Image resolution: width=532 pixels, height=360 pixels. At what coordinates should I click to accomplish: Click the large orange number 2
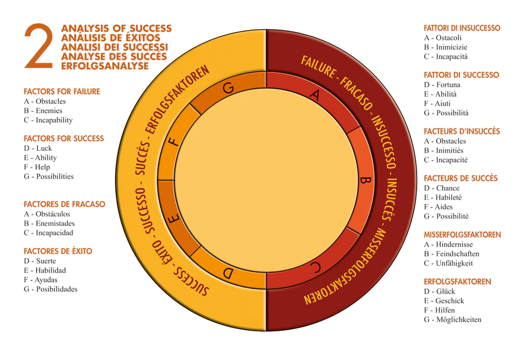click(x=38, y=46)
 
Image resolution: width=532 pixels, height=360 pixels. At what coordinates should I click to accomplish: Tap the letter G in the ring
click(x=229, y=88)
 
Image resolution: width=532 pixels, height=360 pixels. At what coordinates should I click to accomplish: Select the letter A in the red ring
click(x=315, y=95)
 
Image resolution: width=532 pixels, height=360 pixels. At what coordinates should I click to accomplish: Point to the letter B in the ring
click(x=365, y=180)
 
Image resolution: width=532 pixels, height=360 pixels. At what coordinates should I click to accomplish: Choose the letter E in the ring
click(x=174, y=218)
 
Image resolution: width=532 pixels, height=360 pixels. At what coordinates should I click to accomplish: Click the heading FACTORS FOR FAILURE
click(x=62, y=91)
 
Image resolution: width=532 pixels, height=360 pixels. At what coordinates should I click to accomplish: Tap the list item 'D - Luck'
click(x=38, y=148)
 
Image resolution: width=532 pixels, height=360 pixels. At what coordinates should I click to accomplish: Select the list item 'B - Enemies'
click(x=43, y=111)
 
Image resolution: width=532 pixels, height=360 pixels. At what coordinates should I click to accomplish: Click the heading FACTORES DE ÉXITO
click(x=58, y=251)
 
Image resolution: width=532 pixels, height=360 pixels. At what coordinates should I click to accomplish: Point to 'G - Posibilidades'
click(x=50, y=289)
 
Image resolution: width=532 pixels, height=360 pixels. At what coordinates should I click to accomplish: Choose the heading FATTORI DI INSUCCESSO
click(x=462, y=28)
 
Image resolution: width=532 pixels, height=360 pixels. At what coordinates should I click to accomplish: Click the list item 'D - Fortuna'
click(x=442, y=85)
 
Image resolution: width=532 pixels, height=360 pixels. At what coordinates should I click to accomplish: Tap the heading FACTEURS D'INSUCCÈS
click(x=462, y=131)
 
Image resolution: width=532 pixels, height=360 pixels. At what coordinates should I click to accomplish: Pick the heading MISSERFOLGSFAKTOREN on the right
click(x=462, y=235)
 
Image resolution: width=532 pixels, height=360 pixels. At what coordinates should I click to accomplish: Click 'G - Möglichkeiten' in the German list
click(x=453, y=319)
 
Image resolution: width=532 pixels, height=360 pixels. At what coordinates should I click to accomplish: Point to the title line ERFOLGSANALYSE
click(x=105, y=66)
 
